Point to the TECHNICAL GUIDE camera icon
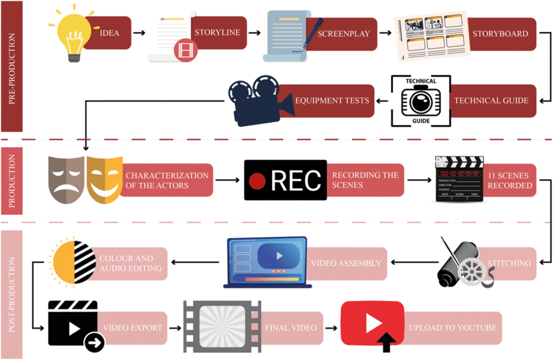coord(420,101)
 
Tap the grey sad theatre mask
coord(67,178)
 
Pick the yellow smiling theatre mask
coord(103,178)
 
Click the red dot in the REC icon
coord(259,180)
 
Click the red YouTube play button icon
coord(371,324)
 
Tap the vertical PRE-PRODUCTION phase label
coord(12,66)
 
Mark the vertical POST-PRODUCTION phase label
coord(12,294)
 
